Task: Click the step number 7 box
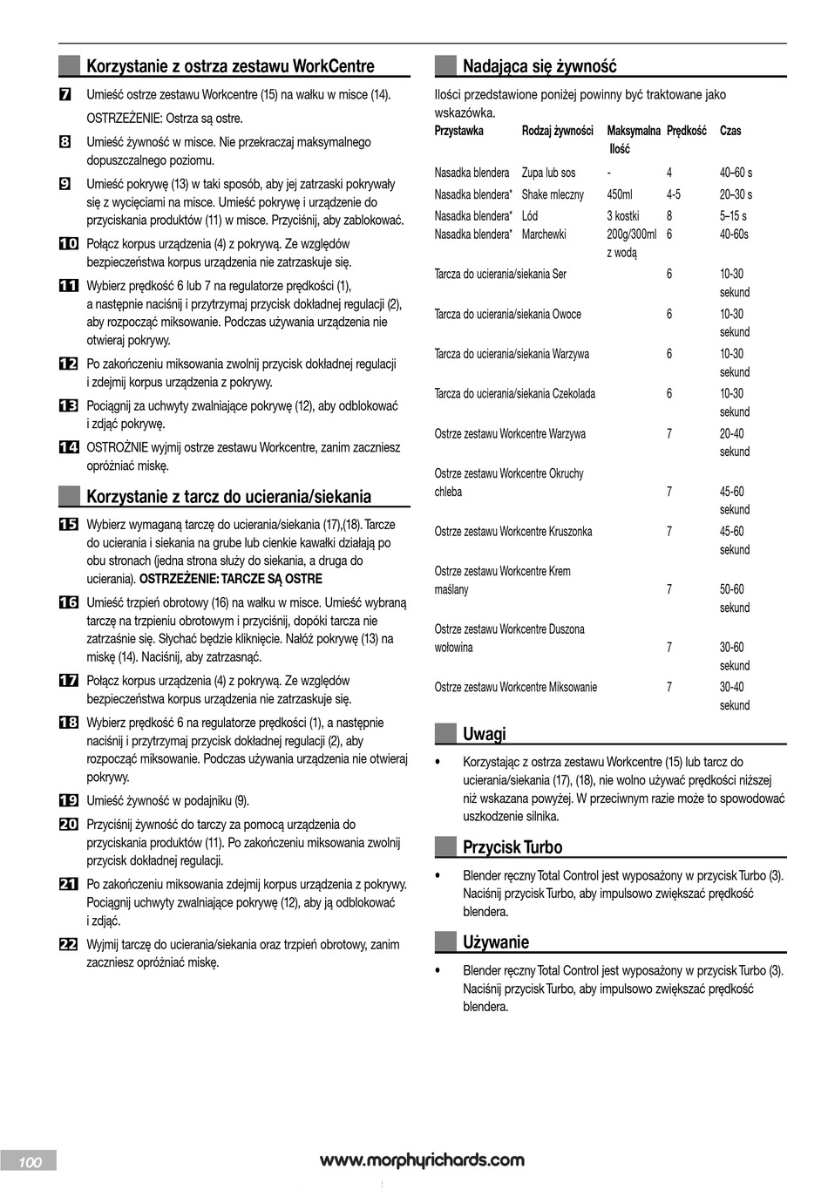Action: pyautogui.click(x=64, y=94)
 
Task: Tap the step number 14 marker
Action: pyautogui.click(x=68, y=447)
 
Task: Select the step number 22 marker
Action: pyautogui.click(x=68, y=944)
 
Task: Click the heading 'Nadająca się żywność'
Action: pyautogui.click(x=539, y=66)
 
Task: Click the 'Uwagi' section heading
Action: pyautogui.click(x=484, y=734)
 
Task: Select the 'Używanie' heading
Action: pyautogui.click(x=495, y=942)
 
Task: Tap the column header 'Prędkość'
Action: pyautogui.click(x=686, y=131)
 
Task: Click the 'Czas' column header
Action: pyautogui.click(x=730, y=131)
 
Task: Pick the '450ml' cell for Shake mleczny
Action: pyautogui.click(x=620, y=194)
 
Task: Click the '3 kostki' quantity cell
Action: pyautogui.click(x=622, y=215)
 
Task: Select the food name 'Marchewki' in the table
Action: pyautogui.click(x=544, y=234)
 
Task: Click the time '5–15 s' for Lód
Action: pyautogui.click(x=732, y=215)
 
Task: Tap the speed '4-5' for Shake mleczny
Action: pyautogui.click(x=674, y=194)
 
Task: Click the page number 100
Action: pyautogui.click(x=30, y=1162)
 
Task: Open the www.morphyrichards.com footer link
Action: pyautogui.click(x=422, y=1160)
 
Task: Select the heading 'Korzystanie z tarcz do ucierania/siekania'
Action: pyautogui.click(x=228, y=497)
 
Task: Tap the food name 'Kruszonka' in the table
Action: pyautogui.click(x=572, y=532)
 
